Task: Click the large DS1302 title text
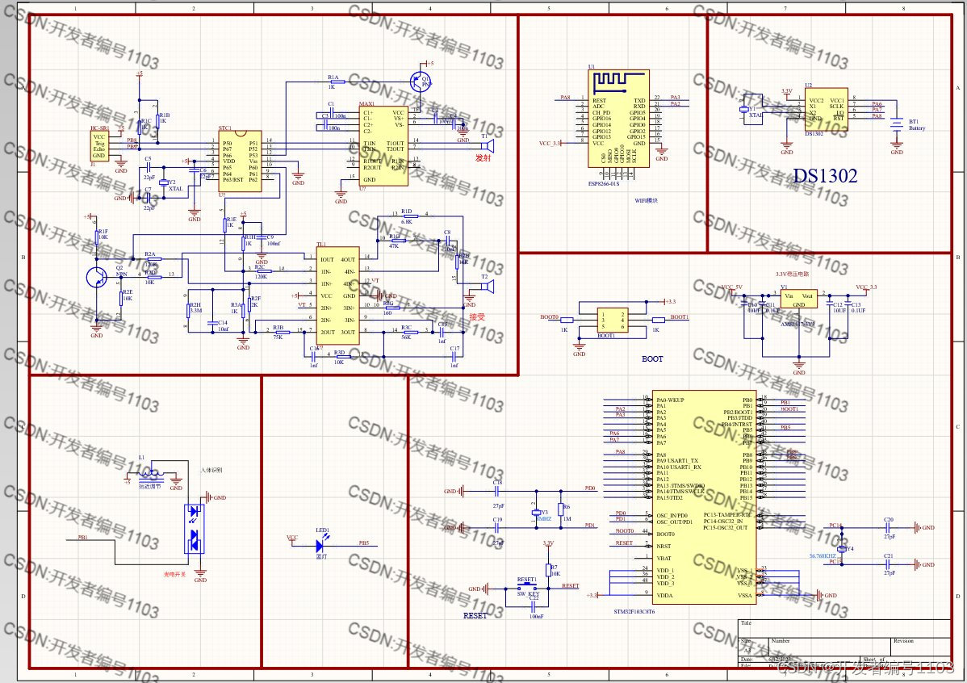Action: pos(824,176)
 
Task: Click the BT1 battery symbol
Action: pos(896,126)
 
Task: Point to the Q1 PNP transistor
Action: pos(419,81)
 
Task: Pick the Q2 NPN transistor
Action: pos(98,277)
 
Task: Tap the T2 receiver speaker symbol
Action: pos(488,287)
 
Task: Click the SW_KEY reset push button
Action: pos(527,588)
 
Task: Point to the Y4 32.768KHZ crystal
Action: pos(841,549)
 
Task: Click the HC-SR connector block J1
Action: pos(99,146)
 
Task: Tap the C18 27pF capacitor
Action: pos(498,491)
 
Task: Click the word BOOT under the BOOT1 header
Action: pos(652,358)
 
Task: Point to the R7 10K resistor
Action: pos(548,571)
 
